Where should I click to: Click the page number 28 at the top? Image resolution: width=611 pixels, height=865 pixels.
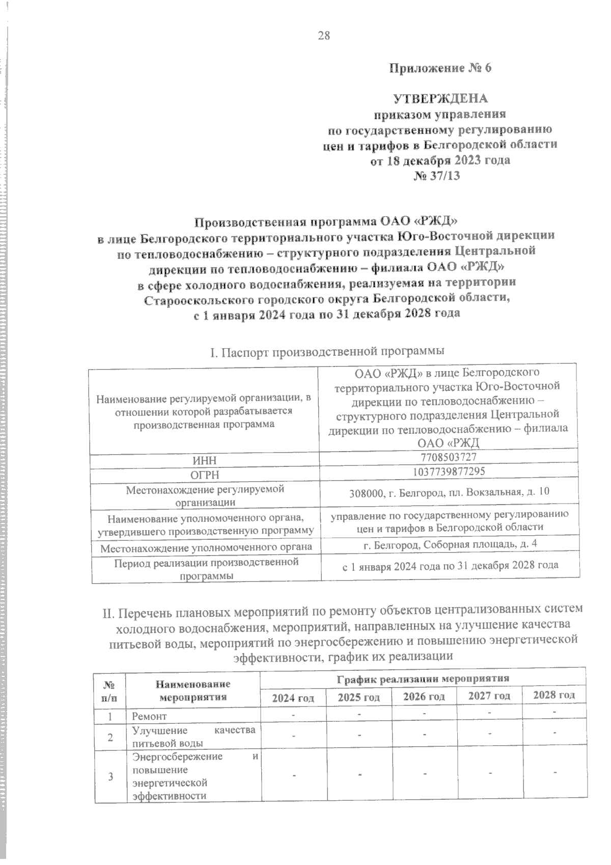click(x=324, y=35)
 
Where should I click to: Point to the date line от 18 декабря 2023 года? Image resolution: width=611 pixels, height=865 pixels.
click(x=440, y=160)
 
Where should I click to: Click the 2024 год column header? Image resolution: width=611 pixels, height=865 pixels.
click(x=293, y=697)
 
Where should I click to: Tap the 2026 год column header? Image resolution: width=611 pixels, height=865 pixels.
click(x=424, y=696)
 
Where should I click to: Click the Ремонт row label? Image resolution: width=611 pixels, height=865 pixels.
click(x=149, y=716)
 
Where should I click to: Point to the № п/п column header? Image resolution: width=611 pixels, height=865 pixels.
click(x=110, y=690)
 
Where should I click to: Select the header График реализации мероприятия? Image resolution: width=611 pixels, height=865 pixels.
click(x=423, y=678)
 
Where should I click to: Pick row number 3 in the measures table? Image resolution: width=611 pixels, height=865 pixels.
click(x=110, y=776)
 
